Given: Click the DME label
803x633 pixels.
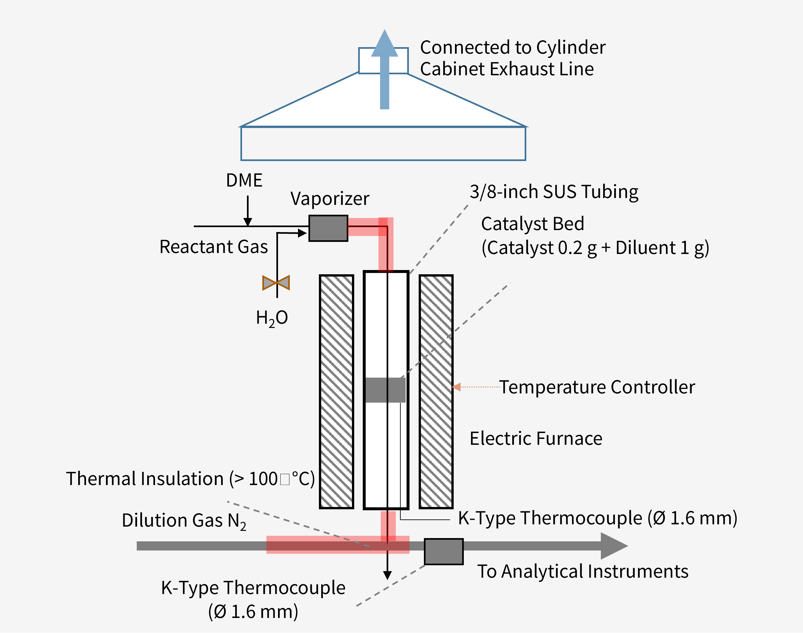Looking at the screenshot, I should click(x=244, y=180).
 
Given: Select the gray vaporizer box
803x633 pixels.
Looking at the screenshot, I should click(x=328, y=228).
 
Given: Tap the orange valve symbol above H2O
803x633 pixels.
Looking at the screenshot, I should click(x=276, y=283).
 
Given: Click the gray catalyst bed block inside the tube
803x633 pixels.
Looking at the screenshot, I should click(x=385, y=390).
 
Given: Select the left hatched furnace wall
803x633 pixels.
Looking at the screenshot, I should click(x=336, y=392).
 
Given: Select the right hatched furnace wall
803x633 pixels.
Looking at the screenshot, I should click(x=436, y=392).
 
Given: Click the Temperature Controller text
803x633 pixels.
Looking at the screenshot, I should click(x=597, y=387).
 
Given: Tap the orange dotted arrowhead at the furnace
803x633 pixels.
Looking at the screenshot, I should click(x=457, y=387).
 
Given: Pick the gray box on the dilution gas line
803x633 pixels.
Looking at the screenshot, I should click(x=443, y=552).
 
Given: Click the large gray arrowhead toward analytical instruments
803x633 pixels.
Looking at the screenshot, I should click(x=613, y=546).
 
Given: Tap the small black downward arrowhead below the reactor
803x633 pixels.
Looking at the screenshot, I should click(x=387, y=575).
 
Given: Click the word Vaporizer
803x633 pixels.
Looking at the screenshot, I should click(x=330, y=199).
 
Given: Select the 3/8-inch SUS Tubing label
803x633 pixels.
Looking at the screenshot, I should click(x=554, y=192).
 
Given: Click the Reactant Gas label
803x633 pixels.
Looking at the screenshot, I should click(x=213, y=247).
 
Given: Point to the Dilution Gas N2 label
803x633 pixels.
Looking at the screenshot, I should click(x=184, y=520).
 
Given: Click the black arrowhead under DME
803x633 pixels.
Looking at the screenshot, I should click(x=247, y=222).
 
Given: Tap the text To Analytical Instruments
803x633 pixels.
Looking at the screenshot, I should click(x=583, y=571).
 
